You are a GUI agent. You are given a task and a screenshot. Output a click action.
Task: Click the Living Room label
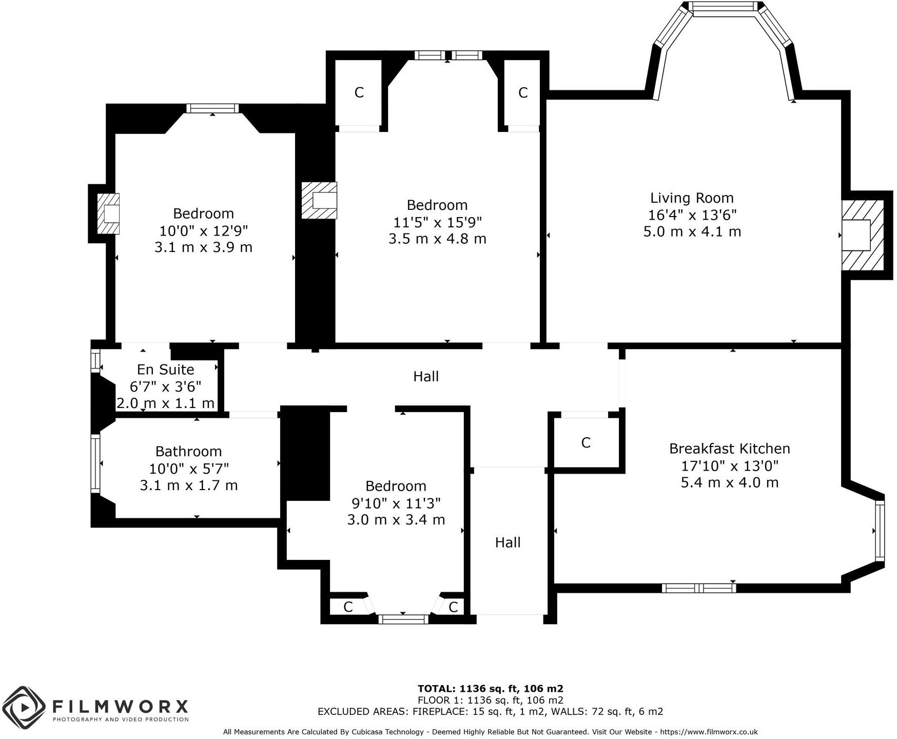coord(692,198)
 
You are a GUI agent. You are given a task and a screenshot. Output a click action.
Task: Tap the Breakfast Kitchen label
coord(729,449)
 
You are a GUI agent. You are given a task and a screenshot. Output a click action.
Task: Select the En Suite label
coord(165,370)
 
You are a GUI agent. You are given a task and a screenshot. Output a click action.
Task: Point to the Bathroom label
coord(188,452)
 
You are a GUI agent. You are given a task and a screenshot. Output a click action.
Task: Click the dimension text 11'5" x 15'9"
coord(437,222)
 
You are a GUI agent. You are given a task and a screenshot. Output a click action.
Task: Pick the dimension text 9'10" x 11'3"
coord(396,503)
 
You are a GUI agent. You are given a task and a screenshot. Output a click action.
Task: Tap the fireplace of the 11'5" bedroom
coord(319,201)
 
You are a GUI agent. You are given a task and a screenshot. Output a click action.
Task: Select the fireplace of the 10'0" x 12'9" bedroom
coord(108,213)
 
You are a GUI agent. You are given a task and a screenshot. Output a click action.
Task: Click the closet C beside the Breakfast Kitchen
coord(586,442)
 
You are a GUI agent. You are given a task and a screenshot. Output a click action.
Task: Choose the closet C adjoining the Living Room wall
coord(522,93)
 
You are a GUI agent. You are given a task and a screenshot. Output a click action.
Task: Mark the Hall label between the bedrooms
coord(426,377)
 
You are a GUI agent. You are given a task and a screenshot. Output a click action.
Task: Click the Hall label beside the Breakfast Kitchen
coord(508,542)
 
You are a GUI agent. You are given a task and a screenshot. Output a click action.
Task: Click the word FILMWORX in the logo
coord(121,707)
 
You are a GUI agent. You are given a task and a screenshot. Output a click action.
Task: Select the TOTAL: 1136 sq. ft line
coord(490,689)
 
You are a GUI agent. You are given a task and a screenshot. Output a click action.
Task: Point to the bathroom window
coord(95,464)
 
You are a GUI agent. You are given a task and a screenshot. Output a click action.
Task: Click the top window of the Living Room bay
coord(724,7)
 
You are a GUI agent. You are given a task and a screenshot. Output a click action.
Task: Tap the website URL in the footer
coord(709,732)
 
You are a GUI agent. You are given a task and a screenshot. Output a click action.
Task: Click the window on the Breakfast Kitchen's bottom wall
coord(698,588)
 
